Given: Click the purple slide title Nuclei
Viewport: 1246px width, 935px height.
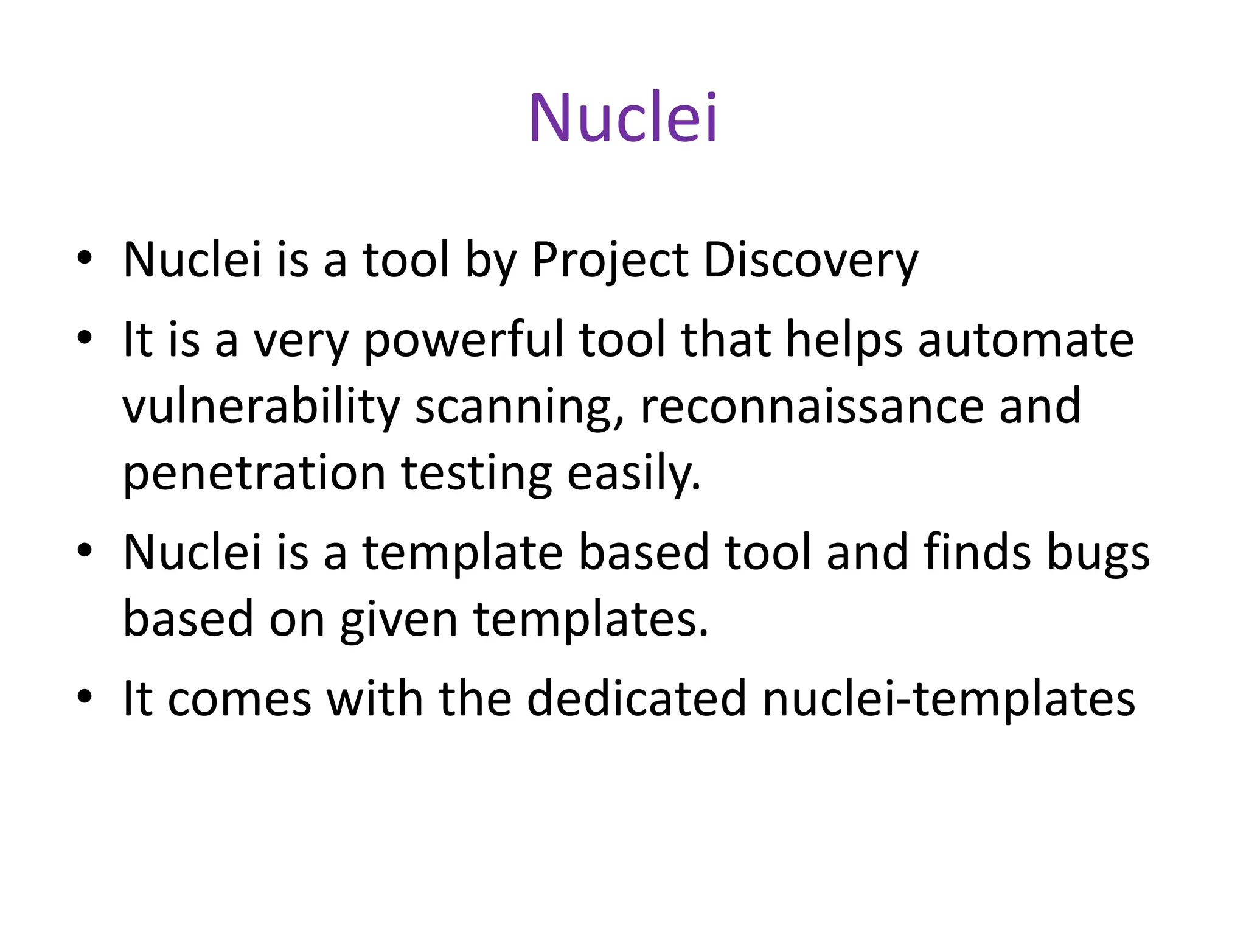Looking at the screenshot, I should pos(623,117).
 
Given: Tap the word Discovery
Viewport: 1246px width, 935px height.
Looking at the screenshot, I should pos(810,261).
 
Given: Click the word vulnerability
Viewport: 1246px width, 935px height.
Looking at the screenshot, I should pos(260,406).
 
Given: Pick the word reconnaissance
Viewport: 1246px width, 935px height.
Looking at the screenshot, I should pos(812,406).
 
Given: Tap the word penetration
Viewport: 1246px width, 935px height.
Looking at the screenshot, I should pos(254,473).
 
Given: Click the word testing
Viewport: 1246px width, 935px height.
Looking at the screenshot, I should pos(476,473).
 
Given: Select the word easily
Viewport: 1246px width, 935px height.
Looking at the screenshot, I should pos(633,473).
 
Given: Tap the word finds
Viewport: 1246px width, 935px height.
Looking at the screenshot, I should pos(977,552).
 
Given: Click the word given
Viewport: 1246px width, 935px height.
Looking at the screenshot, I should pos(399,619).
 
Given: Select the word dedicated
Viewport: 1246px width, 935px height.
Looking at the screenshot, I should pos(636,698).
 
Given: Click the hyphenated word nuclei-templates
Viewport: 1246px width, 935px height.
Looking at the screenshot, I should pos(948,698).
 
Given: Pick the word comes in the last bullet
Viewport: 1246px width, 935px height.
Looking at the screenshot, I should pos(239,698).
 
